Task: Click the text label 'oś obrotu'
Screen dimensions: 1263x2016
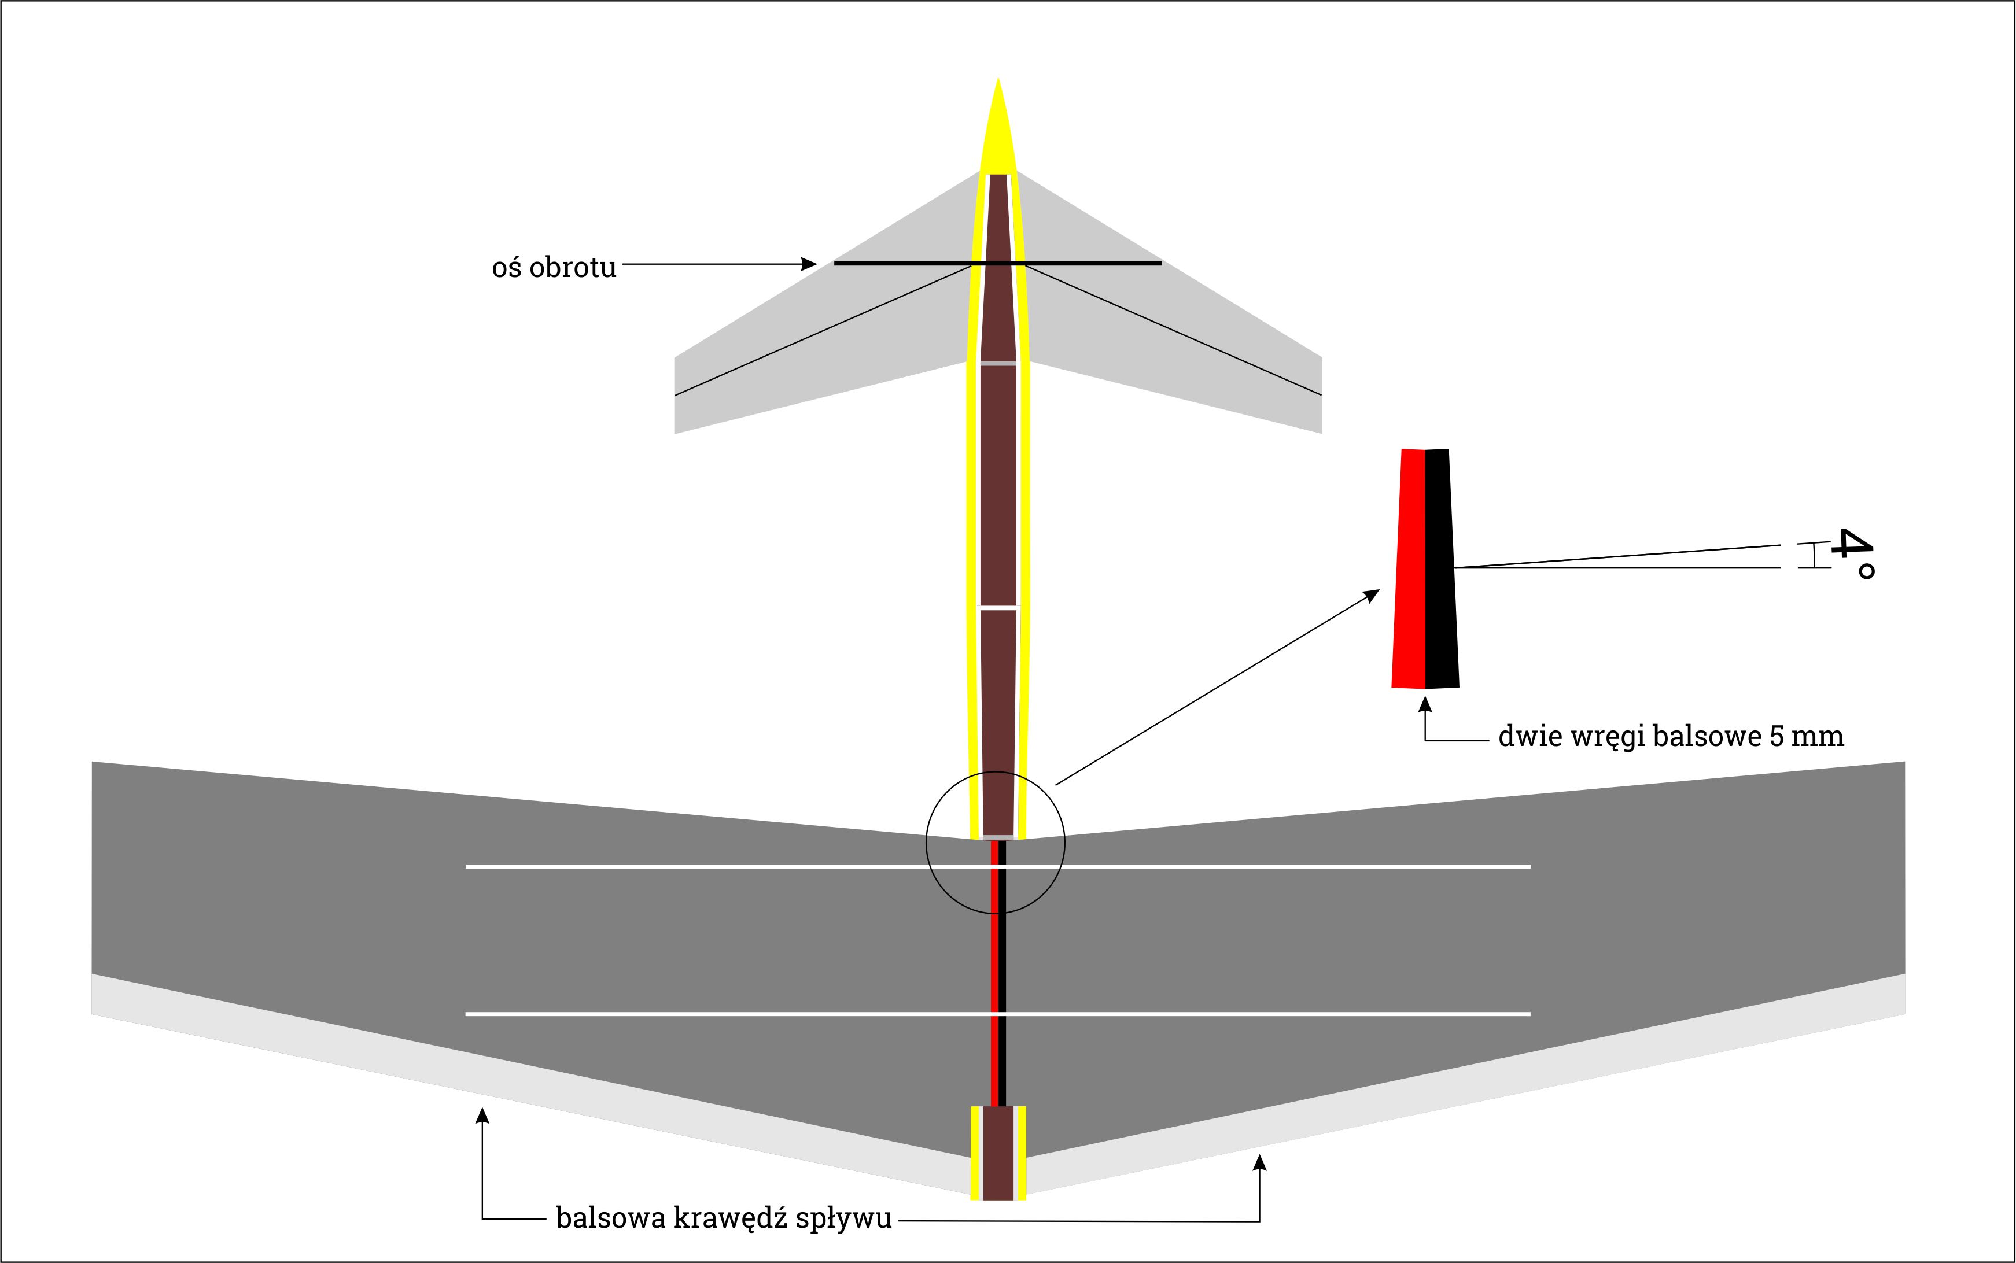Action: coord(554,267)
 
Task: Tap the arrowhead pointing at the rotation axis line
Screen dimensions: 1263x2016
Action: coord(809,264)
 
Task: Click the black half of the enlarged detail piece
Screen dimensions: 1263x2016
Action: coord(1440,568)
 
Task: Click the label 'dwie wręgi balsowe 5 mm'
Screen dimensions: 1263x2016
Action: coord(1671,736)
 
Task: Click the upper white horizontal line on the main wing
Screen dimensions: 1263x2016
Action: coord(668,867)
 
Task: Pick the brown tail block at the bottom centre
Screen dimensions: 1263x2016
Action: coord(997,1153)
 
